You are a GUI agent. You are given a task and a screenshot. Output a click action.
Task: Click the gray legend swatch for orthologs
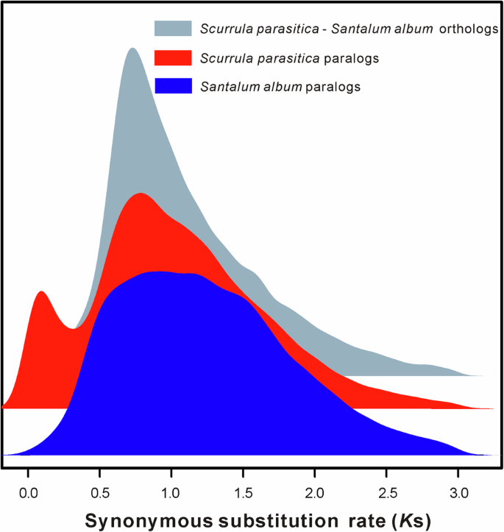(173, 29)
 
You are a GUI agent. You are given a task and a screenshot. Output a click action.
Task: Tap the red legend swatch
(173, 57)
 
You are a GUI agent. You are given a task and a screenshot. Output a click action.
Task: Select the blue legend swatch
(173, 85)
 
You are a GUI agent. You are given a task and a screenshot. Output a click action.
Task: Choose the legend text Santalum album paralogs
(280, 86)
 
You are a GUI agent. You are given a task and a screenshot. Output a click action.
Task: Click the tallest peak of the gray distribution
(132, 49)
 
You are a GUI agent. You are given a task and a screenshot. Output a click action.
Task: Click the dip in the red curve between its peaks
(73, 328)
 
